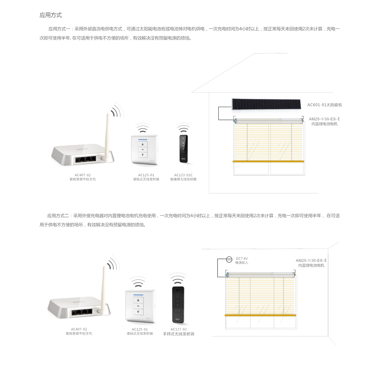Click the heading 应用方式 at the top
point(50,15)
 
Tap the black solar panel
point(266,104)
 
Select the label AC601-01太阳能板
point(325,105)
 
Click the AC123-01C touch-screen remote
point(184,149)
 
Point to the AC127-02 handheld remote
point(178,305)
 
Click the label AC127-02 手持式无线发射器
point(178,332)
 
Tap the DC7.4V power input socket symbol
point(229,260)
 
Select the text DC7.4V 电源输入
point(242,260)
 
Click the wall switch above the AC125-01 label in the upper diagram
point(145,150)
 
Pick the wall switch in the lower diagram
point(140,306)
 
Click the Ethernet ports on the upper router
point(86,159)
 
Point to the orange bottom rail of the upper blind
point(268,161)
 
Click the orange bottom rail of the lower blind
point(260,315)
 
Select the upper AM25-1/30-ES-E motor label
point(324,121)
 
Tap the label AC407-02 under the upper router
point(83,175)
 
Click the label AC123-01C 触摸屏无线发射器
point(183,177)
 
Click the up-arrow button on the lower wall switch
point(138,300)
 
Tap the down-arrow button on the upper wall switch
point(143,155)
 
